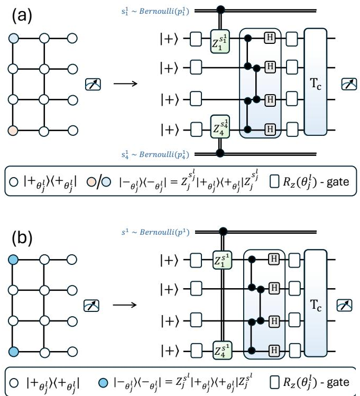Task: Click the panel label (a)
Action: [x=22, y=16]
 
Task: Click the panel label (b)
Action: [x=22, y=238]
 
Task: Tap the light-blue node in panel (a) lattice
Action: [x=13, y=39]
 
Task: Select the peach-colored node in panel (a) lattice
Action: [x=13, y=131]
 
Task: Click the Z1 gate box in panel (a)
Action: [x=220, y=41]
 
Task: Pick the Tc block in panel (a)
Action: [x=315, y=82]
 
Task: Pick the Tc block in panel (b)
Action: [x=316, y=303]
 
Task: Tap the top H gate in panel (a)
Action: [x=270, y=38]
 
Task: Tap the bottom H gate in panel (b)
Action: [x=274, y=351]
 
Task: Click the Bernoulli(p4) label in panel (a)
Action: [x=155, y=154]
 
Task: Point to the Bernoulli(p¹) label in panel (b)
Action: [x=155, y=232]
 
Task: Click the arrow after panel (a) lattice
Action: [x=125, y=84]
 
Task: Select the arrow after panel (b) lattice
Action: [x=125, y=305]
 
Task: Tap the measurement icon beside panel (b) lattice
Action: [x=91, y=306]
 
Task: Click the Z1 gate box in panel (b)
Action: [x=222, y=260]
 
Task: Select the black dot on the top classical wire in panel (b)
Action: [x=223, y=232]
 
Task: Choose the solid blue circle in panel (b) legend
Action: [x=103, y=383]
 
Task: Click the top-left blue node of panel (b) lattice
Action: [x=13, y=260]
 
